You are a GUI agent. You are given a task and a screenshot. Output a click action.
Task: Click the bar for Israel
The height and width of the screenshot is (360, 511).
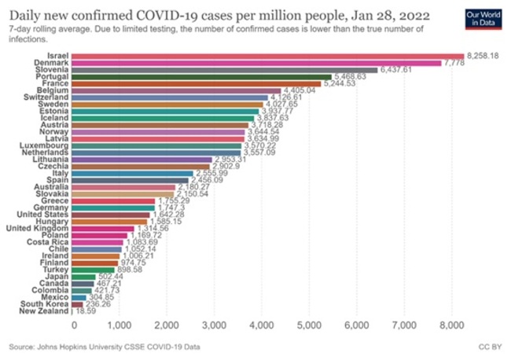coord(267,55)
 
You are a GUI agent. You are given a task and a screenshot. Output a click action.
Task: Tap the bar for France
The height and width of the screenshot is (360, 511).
coord(197,83)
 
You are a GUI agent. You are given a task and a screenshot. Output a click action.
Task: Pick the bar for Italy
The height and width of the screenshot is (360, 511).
coord(133,174)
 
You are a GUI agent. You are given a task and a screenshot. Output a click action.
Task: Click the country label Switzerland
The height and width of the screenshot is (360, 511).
coord(47,97)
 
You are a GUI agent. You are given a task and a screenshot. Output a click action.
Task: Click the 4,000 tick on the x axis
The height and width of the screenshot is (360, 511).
coord(262,324)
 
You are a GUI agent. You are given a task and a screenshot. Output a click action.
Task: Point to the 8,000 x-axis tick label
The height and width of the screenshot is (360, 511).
coord(450,324)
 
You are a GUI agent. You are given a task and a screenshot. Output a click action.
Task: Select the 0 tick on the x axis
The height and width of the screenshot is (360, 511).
coord(73,324)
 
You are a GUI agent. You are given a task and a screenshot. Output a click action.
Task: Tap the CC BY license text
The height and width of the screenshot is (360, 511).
coord(490,345)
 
